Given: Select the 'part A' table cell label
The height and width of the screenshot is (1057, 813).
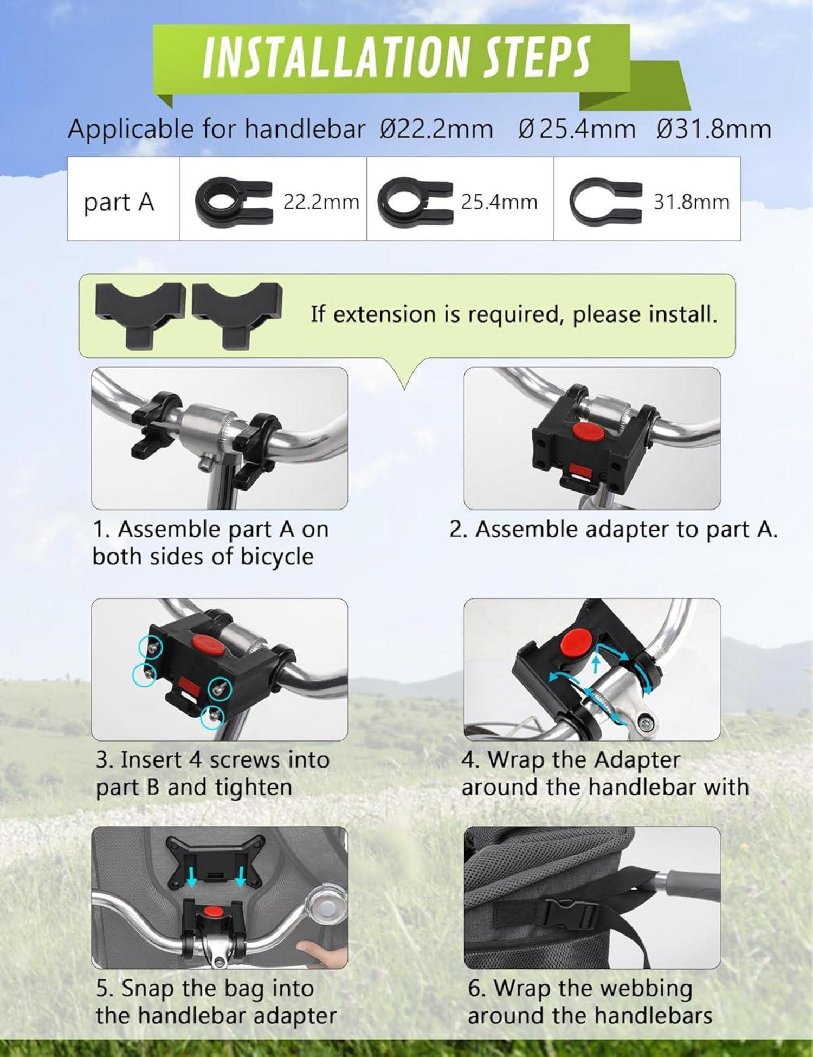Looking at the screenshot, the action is pos(119,202).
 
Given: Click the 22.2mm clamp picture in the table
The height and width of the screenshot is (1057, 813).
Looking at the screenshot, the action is pos(234,202).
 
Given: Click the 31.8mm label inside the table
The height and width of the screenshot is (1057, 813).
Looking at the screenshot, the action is pos(691,202).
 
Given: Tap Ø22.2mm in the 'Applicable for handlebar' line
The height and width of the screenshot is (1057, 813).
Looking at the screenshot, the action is pos(436,129).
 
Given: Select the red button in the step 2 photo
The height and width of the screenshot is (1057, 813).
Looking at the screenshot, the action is pos(589,432).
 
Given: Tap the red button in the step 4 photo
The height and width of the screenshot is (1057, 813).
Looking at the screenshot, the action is pos(577,641).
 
